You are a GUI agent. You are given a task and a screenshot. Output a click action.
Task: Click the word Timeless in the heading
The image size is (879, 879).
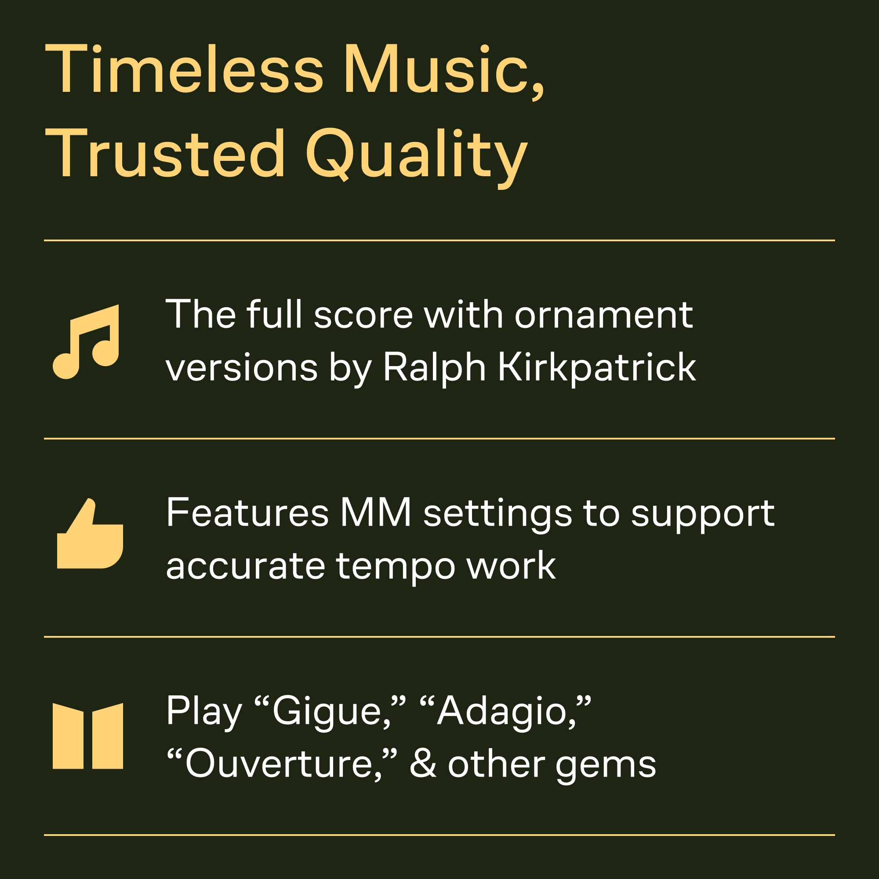tap(184, 69)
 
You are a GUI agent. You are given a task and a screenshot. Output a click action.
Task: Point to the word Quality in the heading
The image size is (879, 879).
tap(416, 156)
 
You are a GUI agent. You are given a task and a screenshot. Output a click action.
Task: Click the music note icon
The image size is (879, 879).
tap(86, 341)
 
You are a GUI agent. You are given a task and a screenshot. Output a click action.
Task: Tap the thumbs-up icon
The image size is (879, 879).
tap(90, 533)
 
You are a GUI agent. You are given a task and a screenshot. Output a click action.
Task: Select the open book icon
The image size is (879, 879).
tap(88, 736)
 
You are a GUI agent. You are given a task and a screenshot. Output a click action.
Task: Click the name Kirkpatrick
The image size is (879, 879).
tap(596, 367)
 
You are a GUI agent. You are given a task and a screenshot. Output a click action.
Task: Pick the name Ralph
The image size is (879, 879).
tap(435, 367)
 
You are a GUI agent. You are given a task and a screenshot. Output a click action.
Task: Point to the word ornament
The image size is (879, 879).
tap(603, 315)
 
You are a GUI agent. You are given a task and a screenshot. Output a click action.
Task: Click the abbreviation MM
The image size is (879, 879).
tap(376, 513)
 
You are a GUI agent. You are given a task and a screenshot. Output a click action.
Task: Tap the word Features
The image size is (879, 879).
tap(247, 513)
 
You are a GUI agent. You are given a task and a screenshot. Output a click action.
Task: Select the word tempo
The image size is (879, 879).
tap(396, 567)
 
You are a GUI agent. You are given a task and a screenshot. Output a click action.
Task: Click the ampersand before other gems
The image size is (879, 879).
tap(423, 764)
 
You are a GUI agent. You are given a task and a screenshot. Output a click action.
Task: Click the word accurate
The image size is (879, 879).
tap(246, 567)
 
